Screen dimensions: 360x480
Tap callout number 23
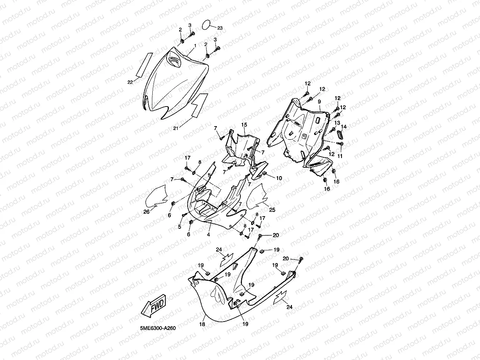(x=220, y=28)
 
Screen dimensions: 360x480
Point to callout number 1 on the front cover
(x=195, y=45)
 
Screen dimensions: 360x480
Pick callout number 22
(x=130, y=82)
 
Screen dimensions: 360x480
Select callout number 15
(x=244, y=125)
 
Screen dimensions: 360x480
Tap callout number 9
(x=319, y=101)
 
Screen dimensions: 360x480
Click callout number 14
(x=344, y=127)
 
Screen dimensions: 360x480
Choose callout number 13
(x=337, y=122)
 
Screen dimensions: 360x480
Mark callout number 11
(x=340, y=156)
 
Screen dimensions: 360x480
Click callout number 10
(x=279, y=178)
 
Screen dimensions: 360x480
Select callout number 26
(x=146, y=211)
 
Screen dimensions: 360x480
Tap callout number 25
(x=272, y=210)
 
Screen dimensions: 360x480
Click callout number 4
(x=208, y=234)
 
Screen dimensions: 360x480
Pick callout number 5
(x=179, y=227)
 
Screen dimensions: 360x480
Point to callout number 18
(x=202, y=324)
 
